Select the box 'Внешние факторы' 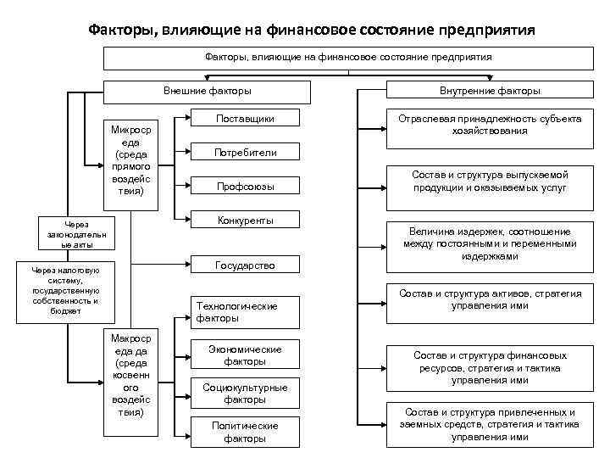point(207,91)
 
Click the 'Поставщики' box point(245,118)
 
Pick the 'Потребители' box point(245,153)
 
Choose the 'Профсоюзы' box point(245,186)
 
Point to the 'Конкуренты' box point(245,221)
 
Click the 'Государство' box point(245,265)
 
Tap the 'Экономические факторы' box point(245,355)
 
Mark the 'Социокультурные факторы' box point(245,393)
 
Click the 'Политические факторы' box point(245,431)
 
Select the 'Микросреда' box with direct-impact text point(126,161)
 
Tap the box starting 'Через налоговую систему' point(65,291)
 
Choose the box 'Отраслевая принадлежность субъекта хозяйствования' point(491,125)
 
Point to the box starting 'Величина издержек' point(491,243)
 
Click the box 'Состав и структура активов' point(491,299)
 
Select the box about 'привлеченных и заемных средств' point(491,424)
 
